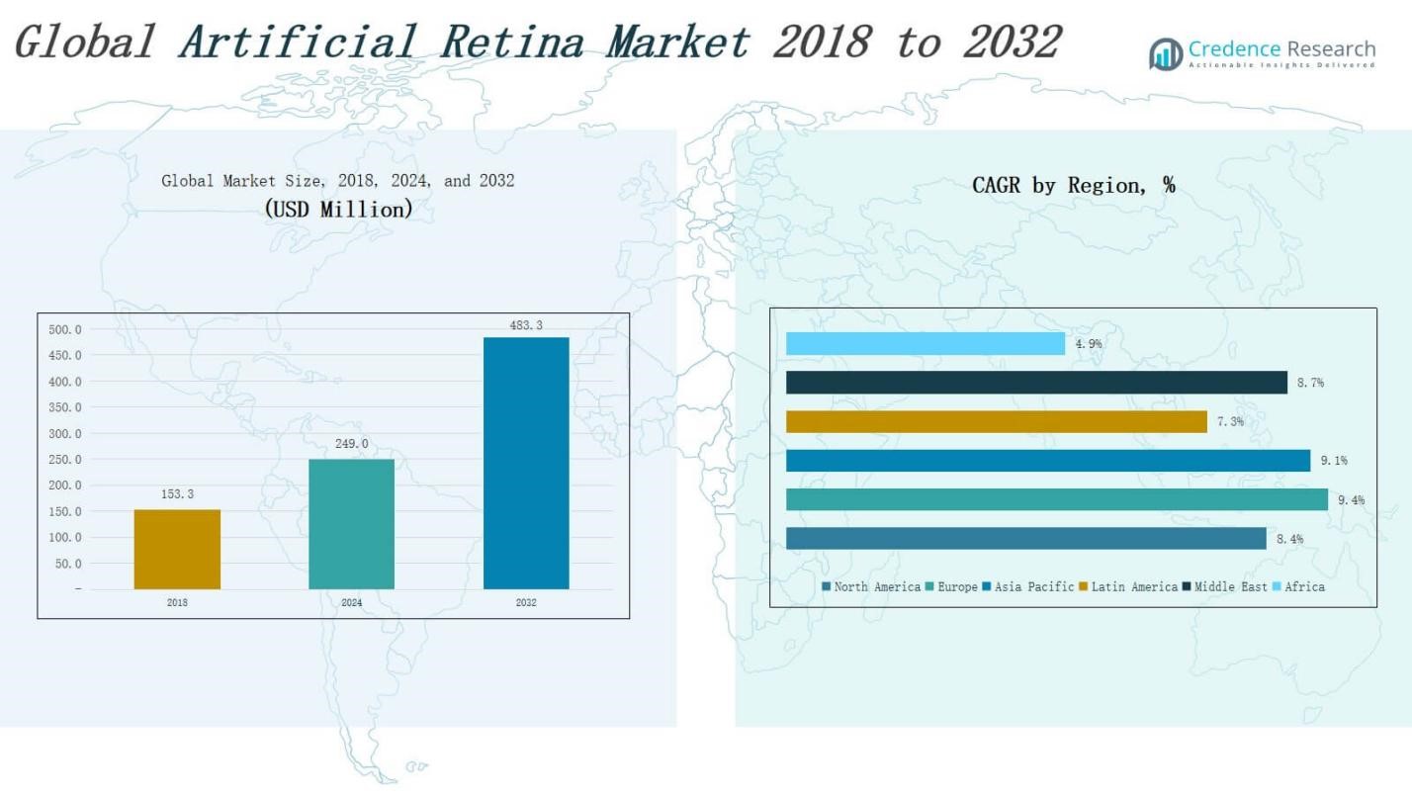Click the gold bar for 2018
pyautogui.click(x=177, y=549)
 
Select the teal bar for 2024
pyautogui.click(x=352, y=524)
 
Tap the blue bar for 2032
pyautogui.click(x=526, y=464)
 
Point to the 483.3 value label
pyautogui.click(x=526, y=325)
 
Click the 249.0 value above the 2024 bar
pyautogui.click(x=352, y=444)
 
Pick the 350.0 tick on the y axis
pyautogui.click(x=65, y=407)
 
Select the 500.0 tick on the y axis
pyautogui.click(x=65, y=329)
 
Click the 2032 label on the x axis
pyautogui.click(x=526, y=603)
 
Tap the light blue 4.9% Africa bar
pyautogui.click(x=926, y=343)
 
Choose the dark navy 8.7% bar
pyautogui.click(x=1037, y=383)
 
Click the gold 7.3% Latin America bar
pyautogui.click(x=997, y=422)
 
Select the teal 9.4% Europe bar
pyautogui.click(x=1057, y=500)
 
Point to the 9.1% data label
pyautogui.click(x=1334, y=461)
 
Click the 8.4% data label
pyautogui.click(x=1289, y=539)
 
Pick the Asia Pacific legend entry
pyautogui.click(x=1028, y=587)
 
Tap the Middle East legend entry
pyautogui.click(x=1225, y=587)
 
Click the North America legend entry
pyautogui.click(x=871, y=587)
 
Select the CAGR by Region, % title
pyautogui.click(x=1074, y=185)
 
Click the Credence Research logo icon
pyautogui.click(x=1166, y=54)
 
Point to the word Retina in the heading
pyautogui.click(x=512, y=43)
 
